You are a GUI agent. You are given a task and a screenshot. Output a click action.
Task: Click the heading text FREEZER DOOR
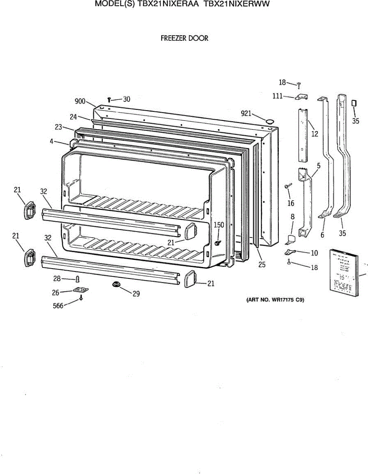[x=184, y=38]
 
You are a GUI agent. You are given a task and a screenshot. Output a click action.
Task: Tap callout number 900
[x=80, y=102]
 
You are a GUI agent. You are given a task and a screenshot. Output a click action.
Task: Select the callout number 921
[x=246, y=114]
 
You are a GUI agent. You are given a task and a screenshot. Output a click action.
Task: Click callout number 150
[x=219, y=225]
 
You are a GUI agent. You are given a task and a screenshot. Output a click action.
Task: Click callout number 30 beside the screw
[x=126, y=99]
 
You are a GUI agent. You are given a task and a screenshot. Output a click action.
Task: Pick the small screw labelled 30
[x=109, y=100]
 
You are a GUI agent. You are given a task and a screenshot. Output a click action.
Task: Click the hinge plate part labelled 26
[x=81, y=290]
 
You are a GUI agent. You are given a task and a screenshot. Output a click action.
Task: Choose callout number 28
[x=57, y=279]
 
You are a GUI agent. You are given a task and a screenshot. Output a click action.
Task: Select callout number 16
[x=291, y=203]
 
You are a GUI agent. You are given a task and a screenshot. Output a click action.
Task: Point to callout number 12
[x=314, y=134]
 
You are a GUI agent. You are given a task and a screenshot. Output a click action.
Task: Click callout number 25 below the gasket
[x=262, y=265]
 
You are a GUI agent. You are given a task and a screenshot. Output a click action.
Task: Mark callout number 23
[x=59, y=127]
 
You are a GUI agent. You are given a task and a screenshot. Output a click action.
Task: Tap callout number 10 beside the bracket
[x=314, y=252]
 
